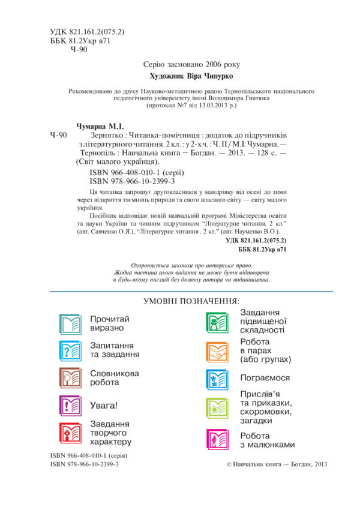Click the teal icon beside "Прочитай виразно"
click(x=70, y=323)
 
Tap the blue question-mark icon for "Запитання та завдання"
click(x=70, y=350)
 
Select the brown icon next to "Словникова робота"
click(x=70, y=377)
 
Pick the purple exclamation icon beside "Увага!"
click(x=70, y=406)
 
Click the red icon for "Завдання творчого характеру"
click(x=70, y=433)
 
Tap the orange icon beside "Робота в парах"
click(x=217, y=352)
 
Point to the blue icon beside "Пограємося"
click(x=217, y=379)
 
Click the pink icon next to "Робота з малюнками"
click(x=217, y=440)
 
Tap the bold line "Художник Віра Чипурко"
click(x=189, y=77)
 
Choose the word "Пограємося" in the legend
click(x=265, y=379)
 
